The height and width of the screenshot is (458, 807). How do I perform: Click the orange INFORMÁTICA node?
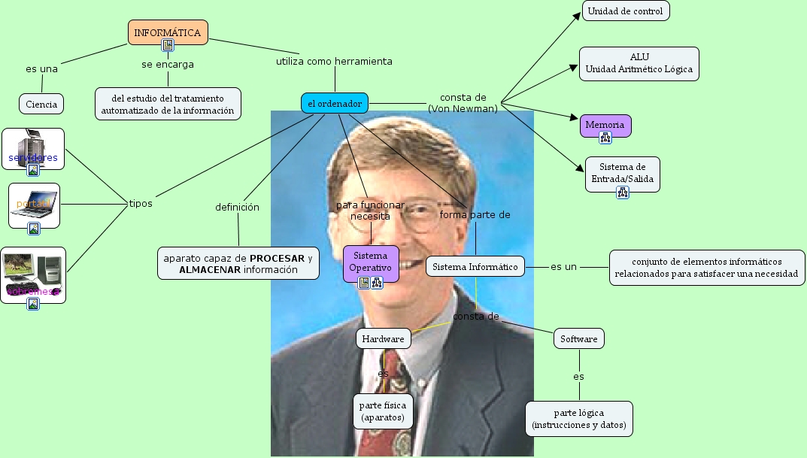tap(167, 32)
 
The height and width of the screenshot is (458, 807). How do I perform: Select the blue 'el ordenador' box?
tap(335, 103)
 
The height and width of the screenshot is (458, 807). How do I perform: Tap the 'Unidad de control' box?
tap(625, 11)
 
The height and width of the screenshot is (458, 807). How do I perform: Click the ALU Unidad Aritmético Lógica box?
tap(639, 64)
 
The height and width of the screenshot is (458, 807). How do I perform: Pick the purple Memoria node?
tap(605, 124)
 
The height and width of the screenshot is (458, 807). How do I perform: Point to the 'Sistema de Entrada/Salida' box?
tap(622, 172)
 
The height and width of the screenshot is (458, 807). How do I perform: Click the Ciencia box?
tap(41, 104)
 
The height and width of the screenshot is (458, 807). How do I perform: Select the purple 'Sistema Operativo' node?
tap(371, 261)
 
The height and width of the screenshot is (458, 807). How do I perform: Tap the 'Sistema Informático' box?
tap(475, 266)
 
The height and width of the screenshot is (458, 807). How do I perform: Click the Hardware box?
tap(383, 339)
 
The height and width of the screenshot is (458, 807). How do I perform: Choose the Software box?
tap(578, 339)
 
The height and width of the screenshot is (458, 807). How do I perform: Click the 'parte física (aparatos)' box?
tap(383, 411)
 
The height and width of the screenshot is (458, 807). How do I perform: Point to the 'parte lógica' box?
tap(578, 419)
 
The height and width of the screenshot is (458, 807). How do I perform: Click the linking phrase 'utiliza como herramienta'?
tap(334, 62)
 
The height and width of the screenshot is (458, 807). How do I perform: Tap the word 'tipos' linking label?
tap(141, 203)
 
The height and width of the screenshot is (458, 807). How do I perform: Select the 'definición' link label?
tap(237, 207)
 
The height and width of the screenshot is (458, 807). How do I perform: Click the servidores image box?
tap(33, 149)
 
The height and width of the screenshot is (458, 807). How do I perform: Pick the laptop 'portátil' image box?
tap(34, 205)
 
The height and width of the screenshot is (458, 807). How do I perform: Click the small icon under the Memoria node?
tap(605, 137)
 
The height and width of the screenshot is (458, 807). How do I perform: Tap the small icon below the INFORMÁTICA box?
tap(168, 45)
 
